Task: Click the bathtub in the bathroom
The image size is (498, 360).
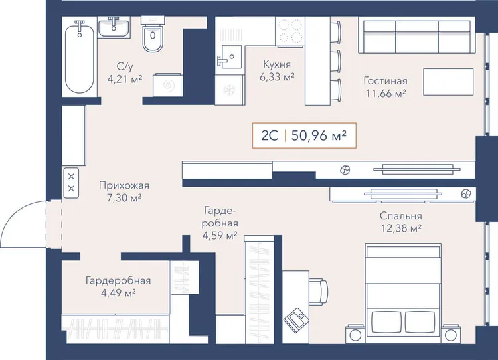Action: (80, 58)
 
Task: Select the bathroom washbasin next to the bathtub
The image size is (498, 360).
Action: (114, 28)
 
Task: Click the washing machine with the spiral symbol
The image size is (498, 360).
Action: (168, 85)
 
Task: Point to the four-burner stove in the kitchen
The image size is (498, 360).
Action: (290, 31)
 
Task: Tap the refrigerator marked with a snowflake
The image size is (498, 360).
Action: (229, 90)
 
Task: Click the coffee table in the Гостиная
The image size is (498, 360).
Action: (448, 82)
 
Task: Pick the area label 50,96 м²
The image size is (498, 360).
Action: (319, 135)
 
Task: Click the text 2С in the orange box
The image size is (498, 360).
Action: (270, 135)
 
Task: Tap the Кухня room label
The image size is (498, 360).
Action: (277, 64)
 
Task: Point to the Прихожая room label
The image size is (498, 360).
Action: (124, 185)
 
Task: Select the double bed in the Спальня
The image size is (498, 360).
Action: (403, 294)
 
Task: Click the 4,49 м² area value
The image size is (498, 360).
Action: (118, 293)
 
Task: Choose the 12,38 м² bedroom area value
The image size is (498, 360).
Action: (402, 228)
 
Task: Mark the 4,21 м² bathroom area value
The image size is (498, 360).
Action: (125, 79)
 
